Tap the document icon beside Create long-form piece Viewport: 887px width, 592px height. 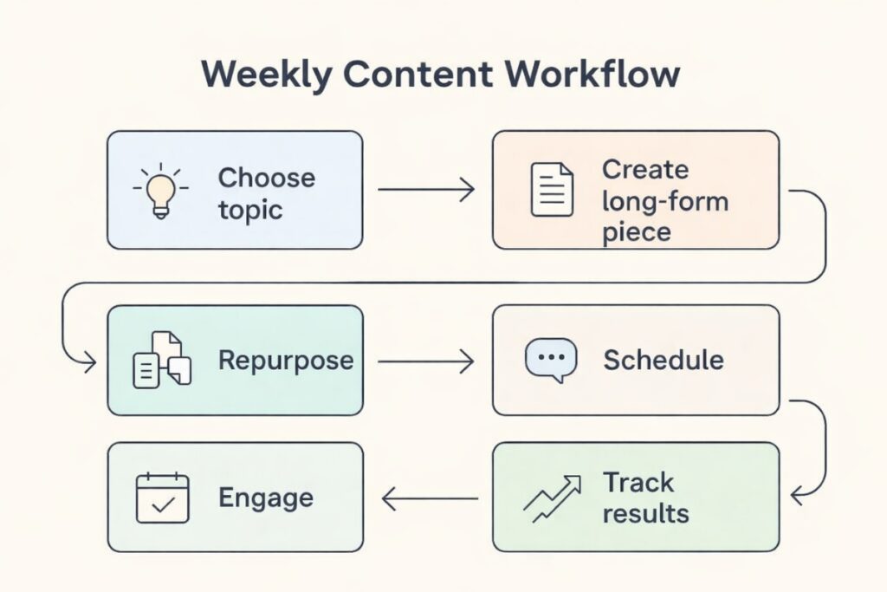tap(551, 190)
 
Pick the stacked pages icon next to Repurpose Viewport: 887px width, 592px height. tap(161, 359)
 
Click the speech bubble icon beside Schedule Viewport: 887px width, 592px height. tap(551, 360)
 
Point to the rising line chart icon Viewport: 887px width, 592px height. tap(550, 498)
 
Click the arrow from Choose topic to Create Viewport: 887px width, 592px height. tap(426, 190)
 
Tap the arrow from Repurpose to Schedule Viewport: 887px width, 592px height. tap(426, 361)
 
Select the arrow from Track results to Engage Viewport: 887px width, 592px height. tap(430, 498)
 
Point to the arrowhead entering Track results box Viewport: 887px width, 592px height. tap(797, 497)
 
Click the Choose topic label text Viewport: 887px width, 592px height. tap(265, 193)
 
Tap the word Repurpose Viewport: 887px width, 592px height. tap(285, 360)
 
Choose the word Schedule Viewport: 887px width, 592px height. tap(663, 360)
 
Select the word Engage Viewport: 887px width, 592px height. tap(265, 498)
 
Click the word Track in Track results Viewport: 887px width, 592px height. tap(638, 482)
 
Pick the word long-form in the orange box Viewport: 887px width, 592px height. tap(665, 202)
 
